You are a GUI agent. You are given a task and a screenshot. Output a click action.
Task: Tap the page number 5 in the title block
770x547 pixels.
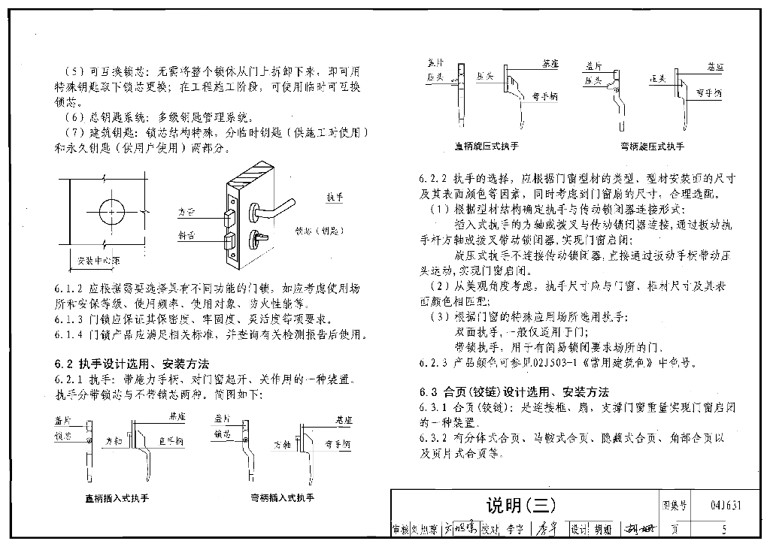(x=724, y=529)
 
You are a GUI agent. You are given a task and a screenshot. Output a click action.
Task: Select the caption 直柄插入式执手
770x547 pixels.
(x=117, y=497)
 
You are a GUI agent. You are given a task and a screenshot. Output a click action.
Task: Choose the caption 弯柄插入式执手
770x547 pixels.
(x=282, y=497)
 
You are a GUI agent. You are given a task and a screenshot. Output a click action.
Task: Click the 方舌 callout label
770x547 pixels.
(x=186, y=212)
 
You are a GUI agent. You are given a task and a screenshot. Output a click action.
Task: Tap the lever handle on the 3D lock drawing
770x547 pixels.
(x=278, y=205)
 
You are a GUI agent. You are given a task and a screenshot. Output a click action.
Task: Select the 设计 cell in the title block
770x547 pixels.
(x=580, y=529)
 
